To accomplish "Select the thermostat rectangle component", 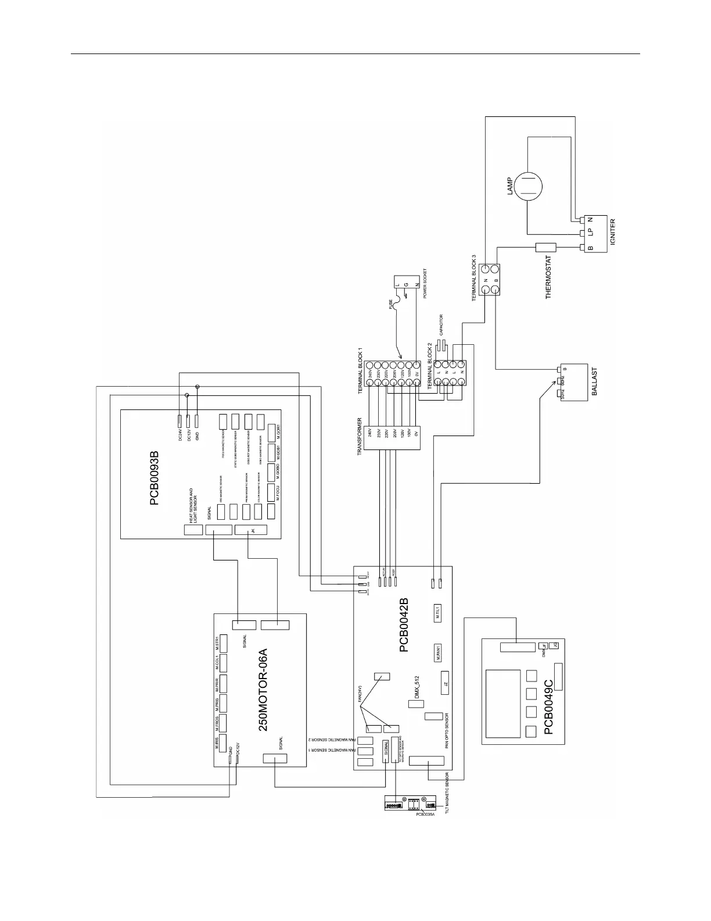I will point(545,248).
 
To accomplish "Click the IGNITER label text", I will point(612,231).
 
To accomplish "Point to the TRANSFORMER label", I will point(360,435).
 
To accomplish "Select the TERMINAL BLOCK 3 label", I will point(475,277).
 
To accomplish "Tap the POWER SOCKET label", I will point(425,283).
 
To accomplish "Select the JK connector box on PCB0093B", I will point(250,530).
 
